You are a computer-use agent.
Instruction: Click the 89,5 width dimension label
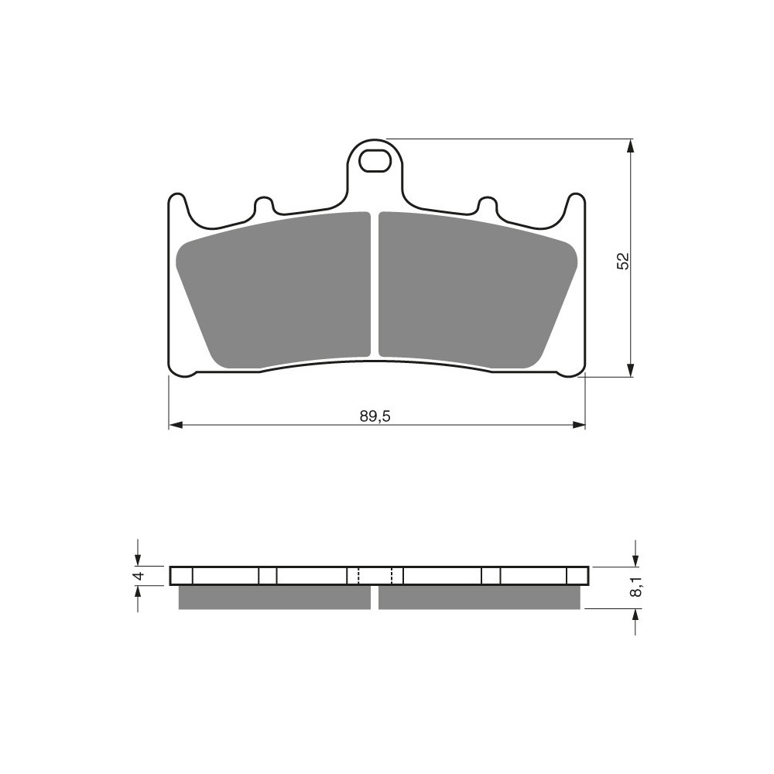coord(375,416)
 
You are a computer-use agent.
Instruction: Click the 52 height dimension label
coord(623,261)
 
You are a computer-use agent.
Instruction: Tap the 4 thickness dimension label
coord(139,575)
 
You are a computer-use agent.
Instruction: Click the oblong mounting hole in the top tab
coord(374,162)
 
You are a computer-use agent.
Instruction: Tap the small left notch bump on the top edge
coord(264,204)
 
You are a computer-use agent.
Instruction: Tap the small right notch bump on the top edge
coord(487,204)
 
